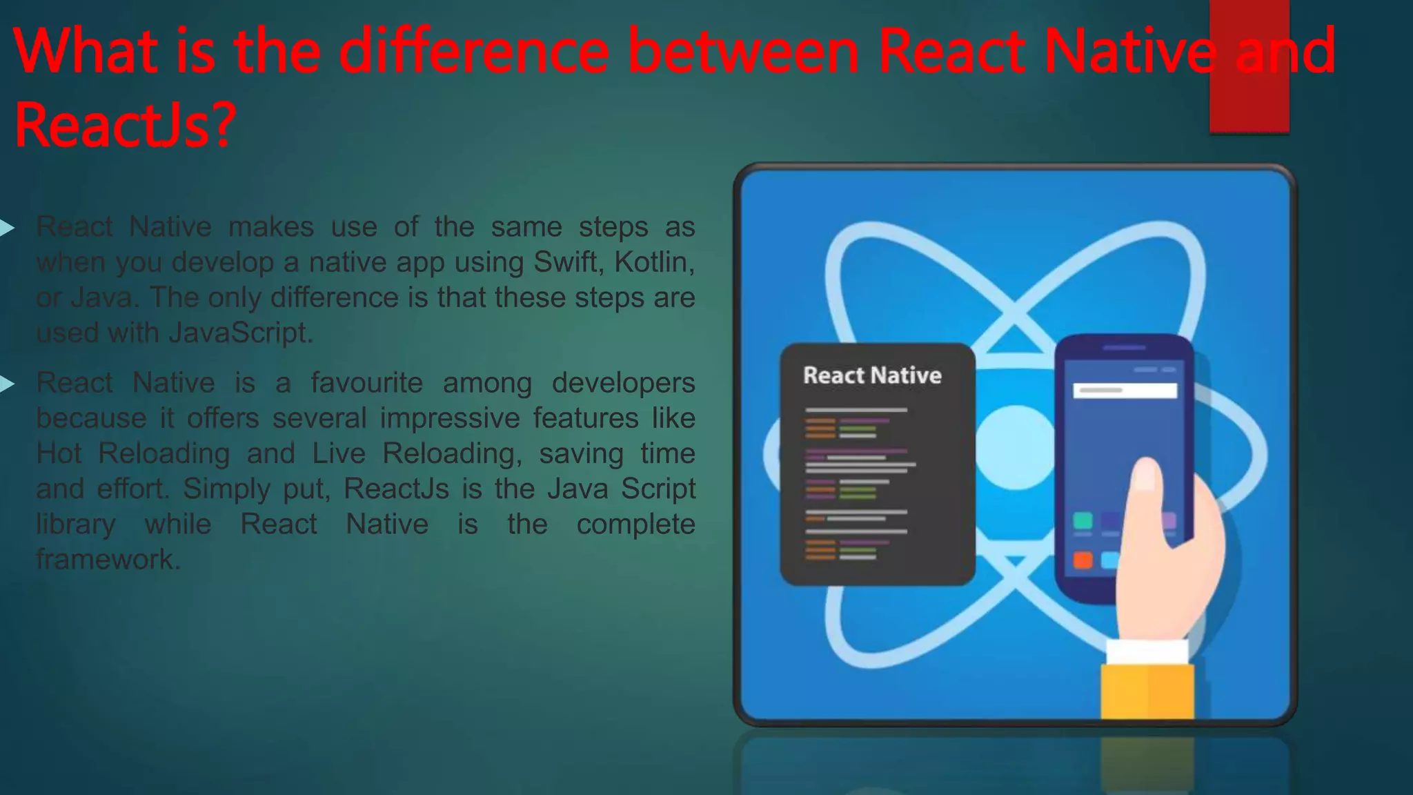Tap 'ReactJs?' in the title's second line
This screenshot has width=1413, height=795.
coord(125,125)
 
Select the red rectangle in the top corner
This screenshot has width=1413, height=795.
coord(1249,66)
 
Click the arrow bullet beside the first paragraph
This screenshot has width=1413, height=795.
coord(7,227)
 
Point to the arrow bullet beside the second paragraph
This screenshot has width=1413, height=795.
coord(7,384)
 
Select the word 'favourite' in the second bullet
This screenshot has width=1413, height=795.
coord(366,382)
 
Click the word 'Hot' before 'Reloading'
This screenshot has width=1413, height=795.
coord(59,453)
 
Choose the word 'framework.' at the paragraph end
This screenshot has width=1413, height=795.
coord(108,559)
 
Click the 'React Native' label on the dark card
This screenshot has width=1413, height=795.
coord(872,375)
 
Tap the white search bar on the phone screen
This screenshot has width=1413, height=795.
coord(1125,391)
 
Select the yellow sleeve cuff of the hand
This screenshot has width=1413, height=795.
coord(1147,690)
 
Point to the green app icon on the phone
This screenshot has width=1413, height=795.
coord(1083,520)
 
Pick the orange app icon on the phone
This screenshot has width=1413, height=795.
coord(1083,559)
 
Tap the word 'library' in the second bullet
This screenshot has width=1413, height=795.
coord(76,524)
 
